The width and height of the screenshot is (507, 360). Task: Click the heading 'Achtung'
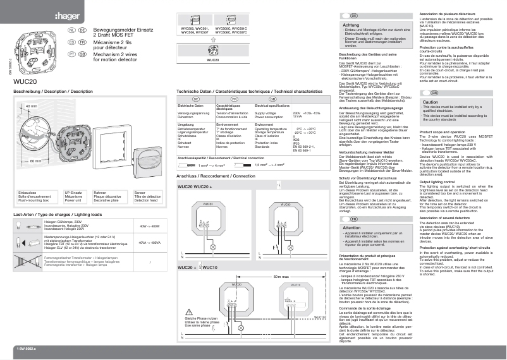351,25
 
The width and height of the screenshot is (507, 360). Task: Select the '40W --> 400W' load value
149,225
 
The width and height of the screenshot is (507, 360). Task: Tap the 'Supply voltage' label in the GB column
266,113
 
